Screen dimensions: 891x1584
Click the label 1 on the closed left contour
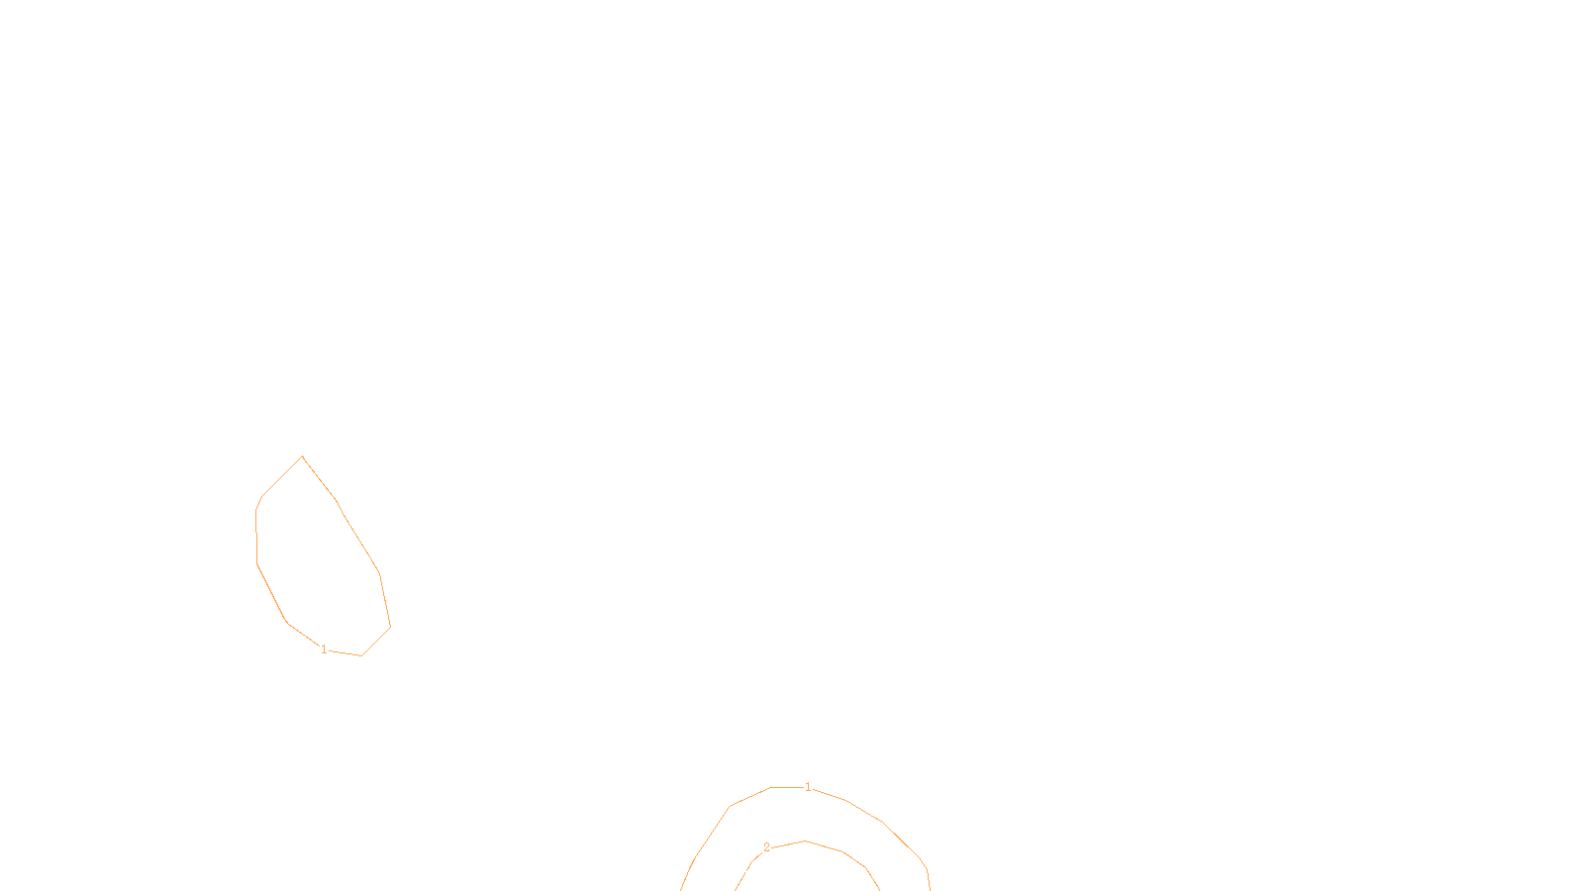pos(324,649)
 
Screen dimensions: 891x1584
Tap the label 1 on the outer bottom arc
pos(808,787)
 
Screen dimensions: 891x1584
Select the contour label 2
pos(766,847)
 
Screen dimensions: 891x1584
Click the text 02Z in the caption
pos(750,875)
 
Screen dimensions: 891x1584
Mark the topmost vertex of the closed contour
pos(302,456)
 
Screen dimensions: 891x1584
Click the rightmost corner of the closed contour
pos(390,627)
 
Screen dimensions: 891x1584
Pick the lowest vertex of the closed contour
pos(361,655)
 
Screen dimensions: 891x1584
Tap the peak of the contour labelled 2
pos(806,841)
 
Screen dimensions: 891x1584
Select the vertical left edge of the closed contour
pos(256,538)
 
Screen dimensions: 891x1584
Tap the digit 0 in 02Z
pos(743,875)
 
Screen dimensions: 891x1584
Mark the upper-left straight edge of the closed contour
pos(282,476)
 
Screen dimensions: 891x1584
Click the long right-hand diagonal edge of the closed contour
pos(358,538)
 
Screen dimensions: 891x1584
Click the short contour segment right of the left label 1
pos(345,652)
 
